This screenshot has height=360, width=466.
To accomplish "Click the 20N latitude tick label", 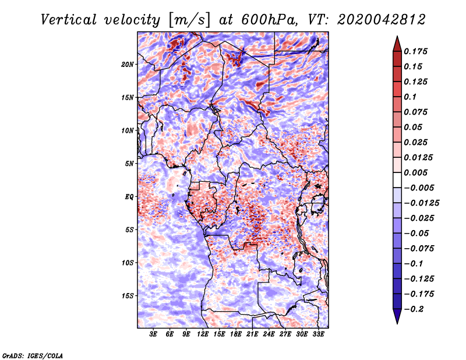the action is pos(128,65).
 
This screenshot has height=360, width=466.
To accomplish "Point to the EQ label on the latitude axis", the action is pos(129,197).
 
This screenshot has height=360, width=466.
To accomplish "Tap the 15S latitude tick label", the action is pos(128,296).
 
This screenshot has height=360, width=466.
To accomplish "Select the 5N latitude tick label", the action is pos(129,164).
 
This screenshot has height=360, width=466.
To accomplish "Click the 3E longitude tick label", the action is pos(153,334).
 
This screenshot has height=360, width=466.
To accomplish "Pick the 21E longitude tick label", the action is pos(252,334).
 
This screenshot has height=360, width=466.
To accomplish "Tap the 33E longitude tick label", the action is pos(318,334).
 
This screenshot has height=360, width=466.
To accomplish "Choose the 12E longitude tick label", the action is pos(203,334).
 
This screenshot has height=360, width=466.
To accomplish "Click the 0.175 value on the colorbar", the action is pos(415,52).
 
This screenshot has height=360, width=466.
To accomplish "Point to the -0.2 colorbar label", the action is pos(414,309).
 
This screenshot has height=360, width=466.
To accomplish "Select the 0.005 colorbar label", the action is pos(415,172).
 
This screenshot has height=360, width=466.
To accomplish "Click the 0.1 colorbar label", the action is pos(410,97).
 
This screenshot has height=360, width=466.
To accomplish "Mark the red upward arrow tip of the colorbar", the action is pos(397,37).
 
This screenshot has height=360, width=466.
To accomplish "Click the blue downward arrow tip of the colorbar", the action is pos(397,323).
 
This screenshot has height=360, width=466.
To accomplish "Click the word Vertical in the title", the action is pos(69,20).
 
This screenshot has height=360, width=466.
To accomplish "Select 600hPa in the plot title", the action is pos(269,20).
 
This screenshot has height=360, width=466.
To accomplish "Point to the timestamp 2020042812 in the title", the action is pos(382,20).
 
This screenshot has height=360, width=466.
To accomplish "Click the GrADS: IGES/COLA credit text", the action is pos(33,355).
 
